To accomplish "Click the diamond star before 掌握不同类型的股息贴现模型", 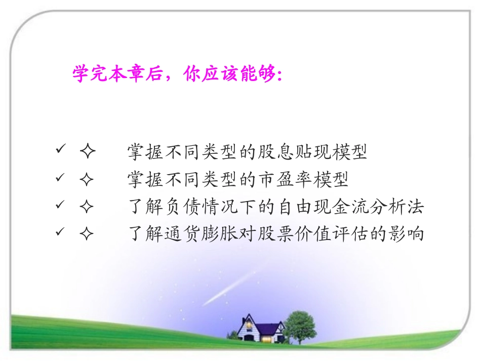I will [x=87, y=152].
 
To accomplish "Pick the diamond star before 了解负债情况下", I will [x=87, y=207].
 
